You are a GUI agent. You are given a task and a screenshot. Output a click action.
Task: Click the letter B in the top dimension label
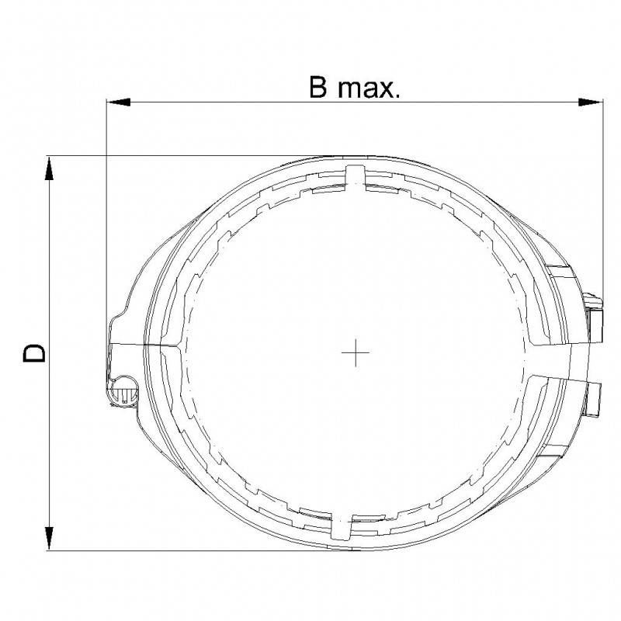pyautogui.click(x=317, y=88)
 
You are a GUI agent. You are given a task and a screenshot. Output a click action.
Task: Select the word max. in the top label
pyautogui.click(x=366, y=89)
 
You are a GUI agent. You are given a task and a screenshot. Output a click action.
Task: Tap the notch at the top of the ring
pyautogui.click(x=354, y=175)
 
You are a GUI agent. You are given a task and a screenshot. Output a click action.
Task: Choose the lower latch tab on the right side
pyautogui.click(x=594, y=396)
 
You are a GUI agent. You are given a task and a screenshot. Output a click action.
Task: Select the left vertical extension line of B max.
pyautogui.click(x=106, y=233)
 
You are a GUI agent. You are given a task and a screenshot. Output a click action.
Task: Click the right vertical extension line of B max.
pyautogui.click(x=602, y=194)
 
